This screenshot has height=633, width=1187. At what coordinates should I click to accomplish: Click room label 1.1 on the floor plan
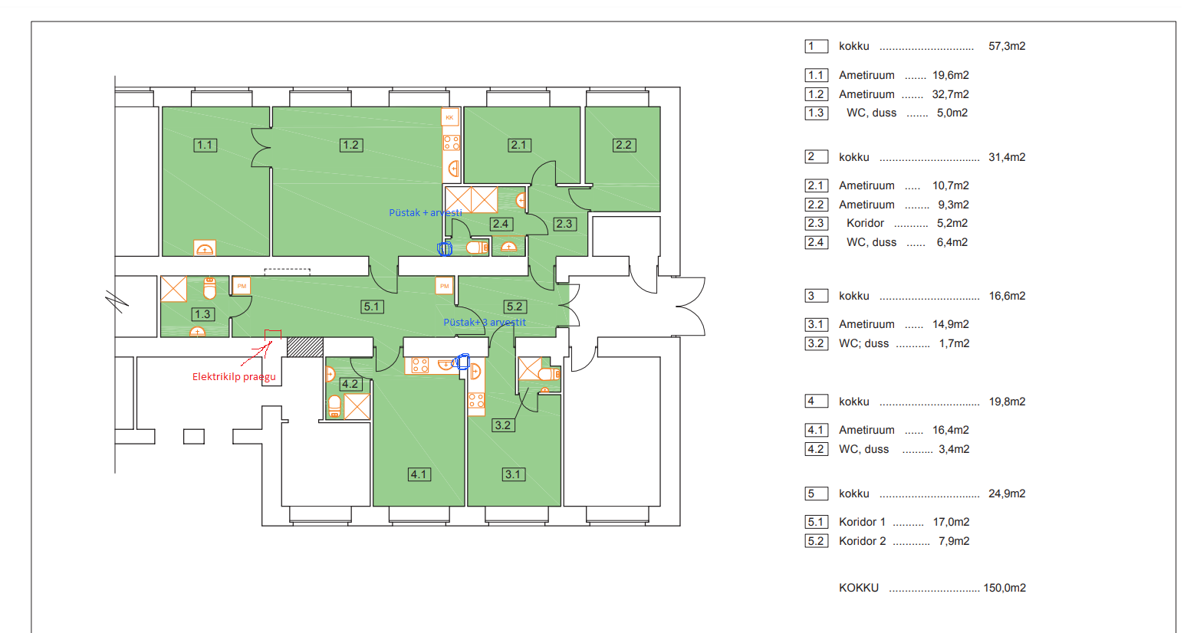pos(205,145)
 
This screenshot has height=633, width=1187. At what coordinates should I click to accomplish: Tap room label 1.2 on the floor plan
pos(350,145)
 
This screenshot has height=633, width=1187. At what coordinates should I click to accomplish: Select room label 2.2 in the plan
pos(623,145)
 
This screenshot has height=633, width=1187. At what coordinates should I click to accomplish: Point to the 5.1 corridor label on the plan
pos(372,307)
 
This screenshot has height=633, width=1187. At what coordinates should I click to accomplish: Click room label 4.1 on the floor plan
pos(419,474)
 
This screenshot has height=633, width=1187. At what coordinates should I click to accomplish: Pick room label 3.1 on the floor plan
pos(514,474)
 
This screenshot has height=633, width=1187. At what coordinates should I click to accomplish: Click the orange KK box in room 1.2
pos(450,117)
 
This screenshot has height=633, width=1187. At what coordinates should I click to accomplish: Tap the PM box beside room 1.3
pos(242,286)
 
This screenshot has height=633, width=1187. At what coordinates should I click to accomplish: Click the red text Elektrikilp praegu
pos(234,376)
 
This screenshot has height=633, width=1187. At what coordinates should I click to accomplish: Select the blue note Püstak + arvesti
pos(426,212)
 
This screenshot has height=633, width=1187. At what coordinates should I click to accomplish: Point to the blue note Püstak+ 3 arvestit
pos(485,322)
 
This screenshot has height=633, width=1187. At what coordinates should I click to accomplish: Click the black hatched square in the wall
pos(305,347)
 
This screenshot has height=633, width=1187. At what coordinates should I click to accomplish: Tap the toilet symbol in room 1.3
pos(210,288)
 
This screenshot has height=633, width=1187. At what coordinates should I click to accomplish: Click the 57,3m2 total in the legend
pos(1007,46)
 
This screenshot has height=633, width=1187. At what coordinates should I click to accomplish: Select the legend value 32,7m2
pos(951,94)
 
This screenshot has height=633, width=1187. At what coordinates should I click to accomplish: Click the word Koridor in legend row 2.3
pos(866,223)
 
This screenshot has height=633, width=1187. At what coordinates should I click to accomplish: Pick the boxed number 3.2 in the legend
pos(816,343)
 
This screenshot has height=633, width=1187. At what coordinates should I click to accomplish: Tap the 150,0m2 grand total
pos(1005,588)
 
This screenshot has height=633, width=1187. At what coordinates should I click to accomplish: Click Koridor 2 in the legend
pos(862,541)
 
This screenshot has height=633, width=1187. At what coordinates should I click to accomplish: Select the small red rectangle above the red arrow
pos(273,334)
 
